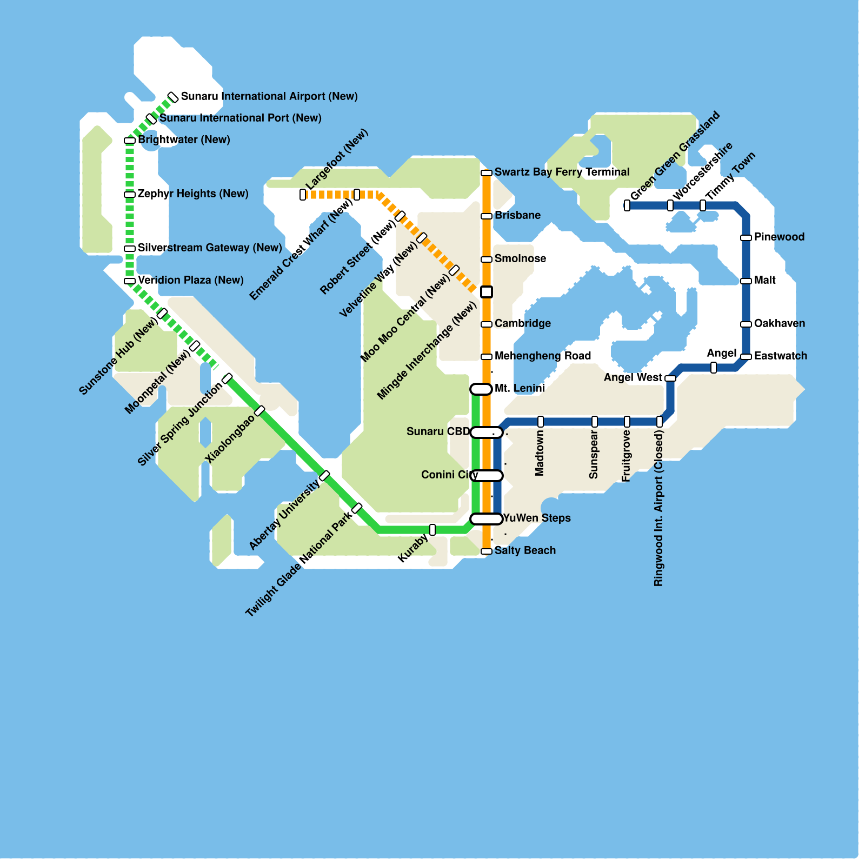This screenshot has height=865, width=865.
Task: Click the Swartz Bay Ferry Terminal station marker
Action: click(487, 173)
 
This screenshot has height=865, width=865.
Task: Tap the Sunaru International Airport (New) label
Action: click(269, 96)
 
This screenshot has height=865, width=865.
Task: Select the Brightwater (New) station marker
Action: click(130, 141)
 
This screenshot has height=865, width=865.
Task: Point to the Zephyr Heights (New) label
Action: click(193, 194)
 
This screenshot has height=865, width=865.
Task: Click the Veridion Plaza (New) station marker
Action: click(130, 281)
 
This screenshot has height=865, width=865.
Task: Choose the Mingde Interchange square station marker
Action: click(487, 292)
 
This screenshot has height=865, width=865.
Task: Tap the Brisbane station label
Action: click(517, 215)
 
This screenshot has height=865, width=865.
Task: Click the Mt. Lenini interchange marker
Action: click(481, 389)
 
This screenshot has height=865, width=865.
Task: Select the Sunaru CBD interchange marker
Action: click(487, 432)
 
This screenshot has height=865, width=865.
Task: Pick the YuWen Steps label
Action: click(537, 518)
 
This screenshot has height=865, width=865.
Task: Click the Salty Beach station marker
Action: click(487, 551)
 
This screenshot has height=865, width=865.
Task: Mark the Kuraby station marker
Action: click(432, 530)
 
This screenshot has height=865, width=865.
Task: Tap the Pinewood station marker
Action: click(746, 238)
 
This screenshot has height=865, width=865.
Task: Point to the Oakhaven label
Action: click(780, 323)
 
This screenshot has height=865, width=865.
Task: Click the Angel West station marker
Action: click(670, 378)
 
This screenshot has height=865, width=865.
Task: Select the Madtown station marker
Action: click(541, 422)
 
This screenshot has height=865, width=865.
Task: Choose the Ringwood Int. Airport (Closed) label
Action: click(658, 508)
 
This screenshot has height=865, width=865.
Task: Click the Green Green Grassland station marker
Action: click(627, 205)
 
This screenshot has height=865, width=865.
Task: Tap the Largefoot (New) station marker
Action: click(303, 195)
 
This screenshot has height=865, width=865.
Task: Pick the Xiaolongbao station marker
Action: click(259, 411)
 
